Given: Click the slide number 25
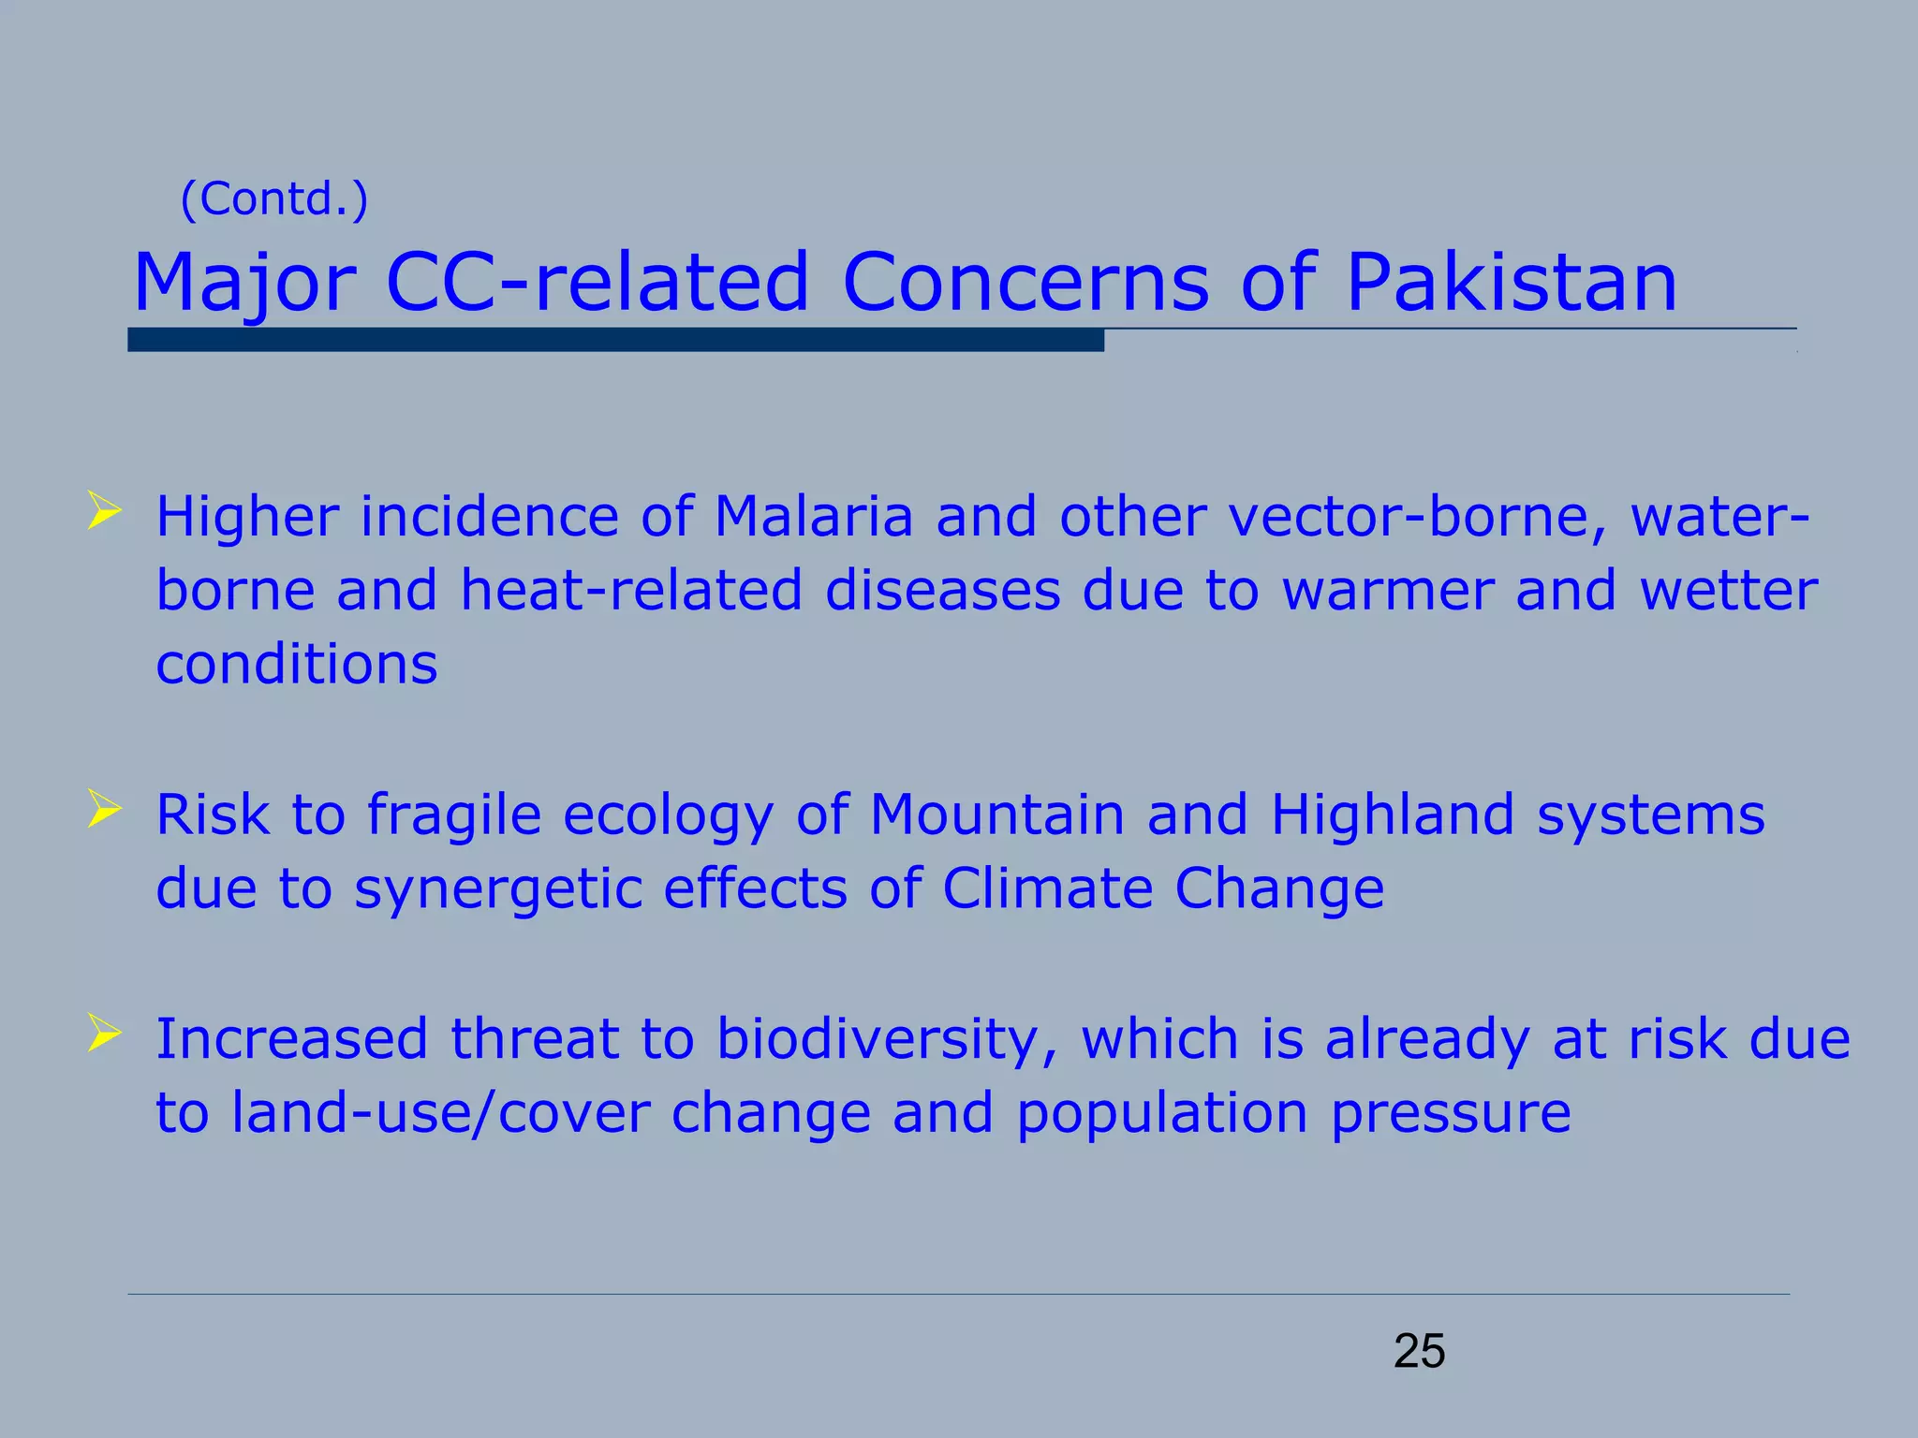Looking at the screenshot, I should pos(1419,1352).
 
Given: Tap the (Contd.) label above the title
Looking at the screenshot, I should pos(274,198).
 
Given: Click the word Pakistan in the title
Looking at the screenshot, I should pos(1511,282).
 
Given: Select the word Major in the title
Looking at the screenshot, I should pos(244,284).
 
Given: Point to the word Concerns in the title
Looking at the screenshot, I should pos(1025,282).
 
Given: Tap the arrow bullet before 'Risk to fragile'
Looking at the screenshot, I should pos(104,809).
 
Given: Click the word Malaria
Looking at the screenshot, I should pos(813,517).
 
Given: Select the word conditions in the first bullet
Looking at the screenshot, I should pos(297,665).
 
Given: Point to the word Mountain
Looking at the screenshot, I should pos(996,814).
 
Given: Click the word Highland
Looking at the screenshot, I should pos(1392,814).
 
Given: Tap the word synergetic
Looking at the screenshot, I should pos(497,889).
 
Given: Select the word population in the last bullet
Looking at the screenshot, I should pos(1161,1114).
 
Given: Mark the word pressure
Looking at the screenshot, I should pos(1450,1114).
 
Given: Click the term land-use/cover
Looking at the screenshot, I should pos(440,1114).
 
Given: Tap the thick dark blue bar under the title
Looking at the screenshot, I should pos(615,341).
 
